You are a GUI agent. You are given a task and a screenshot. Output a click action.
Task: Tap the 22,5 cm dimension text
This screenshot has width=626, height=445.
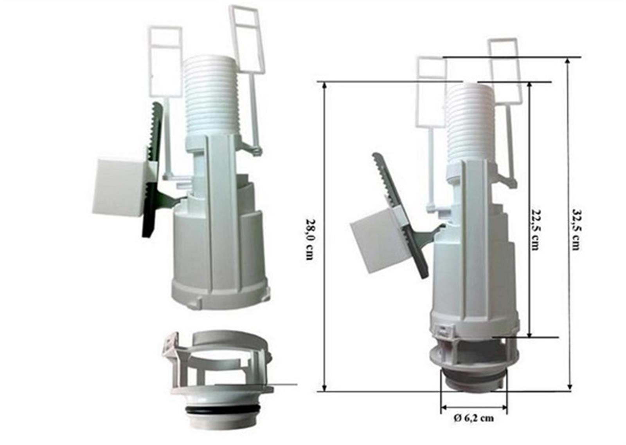coord(535,230)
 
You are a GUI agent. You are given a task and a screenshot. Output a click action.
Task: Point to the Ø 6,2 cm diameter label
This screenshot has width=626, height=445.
coord(474,426)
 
